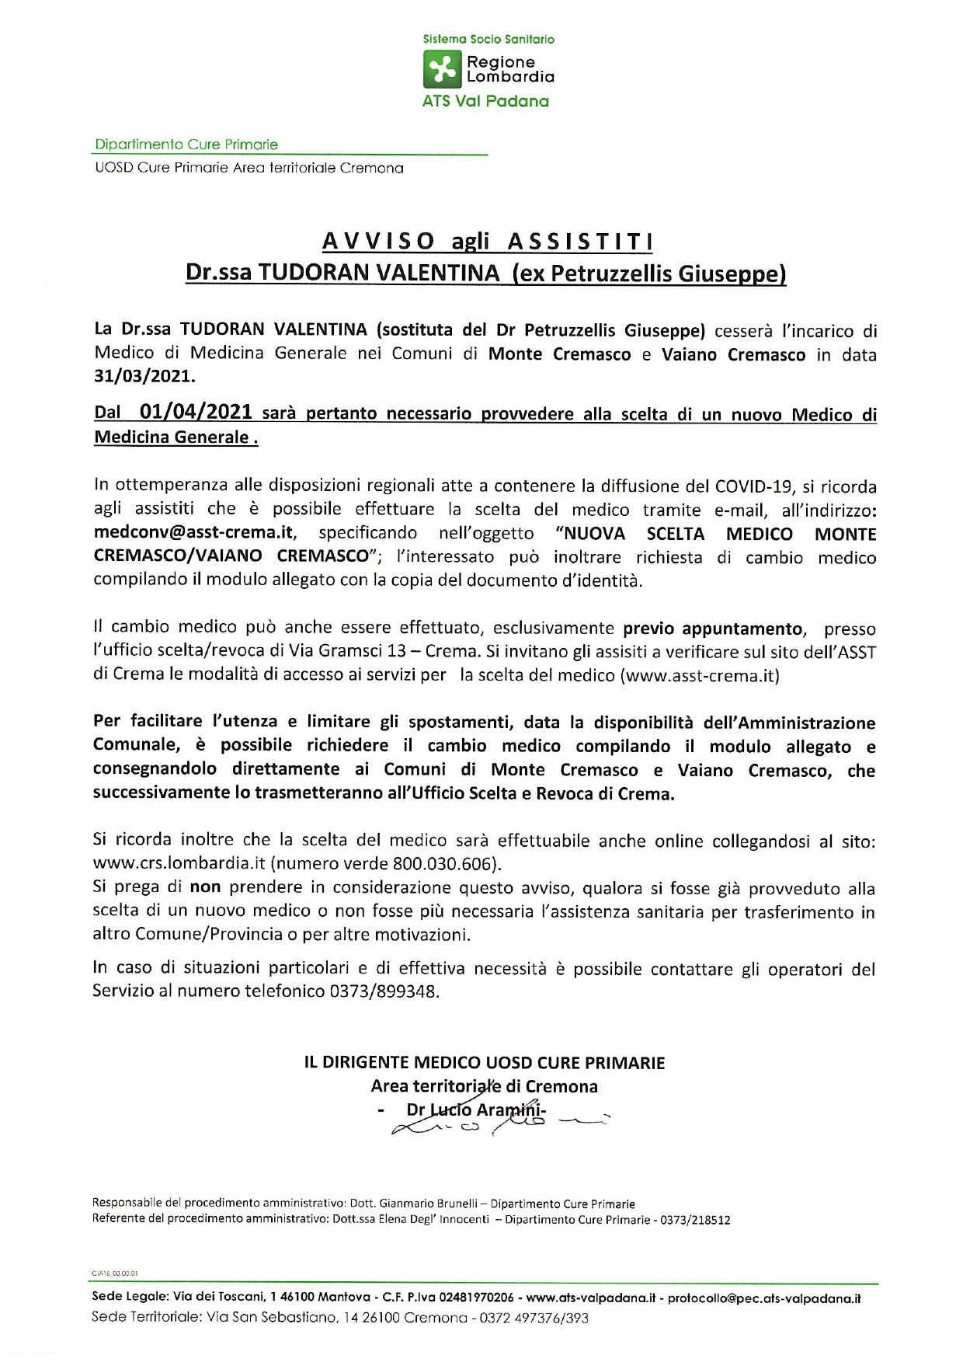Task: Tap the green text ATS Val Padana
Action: [x=485, y=101]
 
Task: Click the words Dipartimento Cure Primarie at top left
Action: [x=186, y=145]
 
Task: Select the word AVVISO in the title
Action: [x=379, y=242]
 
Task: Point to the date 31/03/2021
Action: [x=144, y=377]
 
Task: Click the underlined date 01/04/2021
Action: [x=196, y=412]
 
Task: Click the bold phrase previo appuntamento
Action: [x=713, y=628]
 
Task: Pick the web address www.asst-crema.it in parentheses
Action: [x=700, y=675]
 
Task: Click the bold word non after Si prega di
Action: [x=205, y=887]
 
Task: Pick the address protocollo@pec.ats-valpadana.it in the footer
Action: [x=764, y=1298]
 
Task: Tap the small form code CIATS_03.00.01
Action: [x=115, y=1273]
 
